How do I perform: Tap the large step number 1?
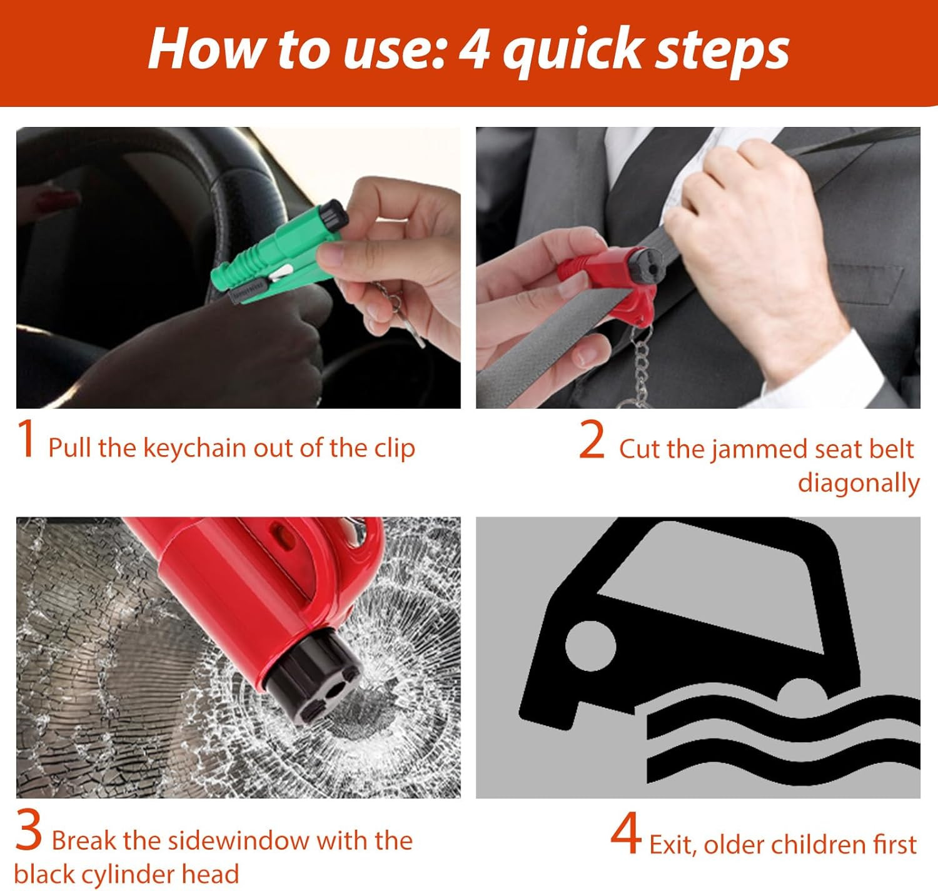pyautogui.click(x=27, y=440)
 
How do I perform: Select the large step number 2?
pyautogui.click(x=592, y=440)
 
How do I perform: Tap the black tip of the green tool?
pyautogui.click(x=334, y=214)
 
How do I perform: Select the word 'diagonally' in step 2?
pyautogui.click(x=858, y=483)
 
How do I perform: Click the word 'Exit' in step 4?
pyautogui.click(x=673, y=845)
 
